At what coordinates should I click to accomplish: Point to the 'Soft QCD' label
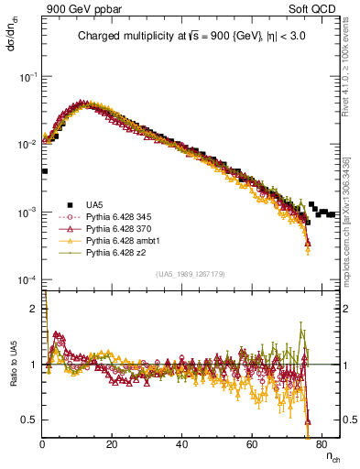click(318, 8)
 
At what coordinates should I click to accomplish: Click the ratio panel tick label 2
click(35, 309)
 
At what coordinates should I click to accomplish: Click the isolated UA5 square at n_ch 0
click(44, 170)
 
